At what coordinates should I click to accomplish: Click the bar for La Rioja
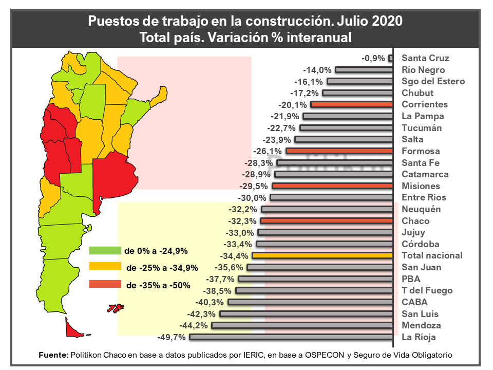[291, 337]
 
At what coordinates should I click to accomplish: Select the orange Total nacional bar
[323, 255]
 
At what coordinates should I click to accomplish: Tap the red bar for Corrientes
[352, 104]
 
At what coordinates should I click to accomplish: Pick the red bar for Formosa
[339, 151]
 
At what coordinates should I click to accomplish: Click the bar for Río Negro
[364, 69]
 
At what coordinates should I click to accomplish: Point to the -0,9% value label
[373, 58]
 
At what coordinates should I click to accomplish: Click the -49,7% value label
[172, 337]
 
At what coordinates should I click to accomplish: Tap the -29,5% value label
[255, 186]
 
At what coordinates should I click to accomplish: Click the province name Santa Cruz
[425, 58]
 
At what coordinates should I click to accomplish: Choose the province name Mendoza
[421, 325]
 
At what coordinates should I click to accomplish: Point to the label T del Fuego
[427, 290]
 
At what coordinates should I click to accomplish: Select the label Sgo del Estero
[433, 81]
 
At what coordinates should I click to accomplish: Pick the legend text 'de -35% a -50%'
[158, 285]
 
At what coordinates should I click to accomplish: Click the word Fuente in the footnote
[53, 355]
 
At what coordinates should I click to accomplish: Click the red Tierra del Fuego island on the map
[73, 329]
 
